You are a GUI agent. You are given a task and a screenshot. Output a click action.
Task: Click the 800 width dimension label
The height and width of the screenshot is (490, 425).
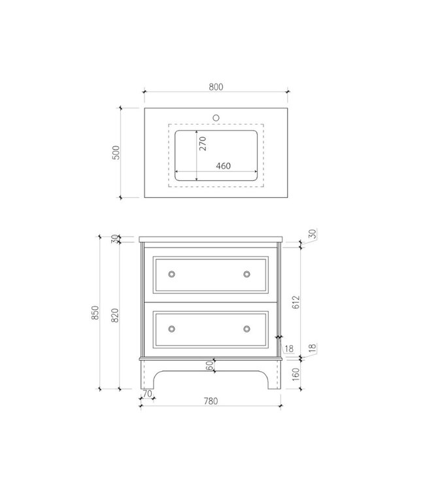point(216,87)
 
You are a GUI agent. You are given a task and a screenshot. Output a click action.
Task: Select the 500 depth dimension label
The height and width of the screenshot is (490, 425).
point(116,152)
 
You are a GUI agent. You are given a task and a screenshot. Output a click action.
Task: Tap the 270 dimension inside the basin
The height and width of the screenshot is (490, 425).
point(203,144)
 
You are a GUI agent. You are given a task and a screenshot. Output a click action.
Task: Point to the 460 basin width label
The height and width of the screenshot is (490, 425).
point(224,166)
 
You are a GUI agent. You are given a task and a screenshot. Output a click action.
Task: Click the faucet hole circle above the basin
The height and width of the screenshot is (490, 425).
point(216,118)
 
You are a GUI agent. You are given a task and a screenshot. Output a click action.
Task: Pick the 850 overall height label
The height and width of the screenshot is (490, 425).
point(95,312)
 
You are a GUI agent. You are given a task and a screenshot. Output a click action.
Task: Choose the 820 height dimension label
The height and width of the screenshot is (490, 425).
point(115,316)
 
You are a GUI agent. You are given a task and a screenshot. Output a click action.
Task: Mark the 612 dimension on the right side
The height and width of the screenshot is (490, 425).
point(296,302)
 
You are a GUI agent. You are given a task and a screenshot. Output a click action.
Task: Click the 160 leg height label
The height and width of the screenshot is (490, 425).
point(296,374)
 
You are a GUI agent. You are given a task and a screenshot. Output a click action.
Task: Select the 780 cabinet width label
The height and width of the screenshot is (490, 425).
point(211,401)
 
